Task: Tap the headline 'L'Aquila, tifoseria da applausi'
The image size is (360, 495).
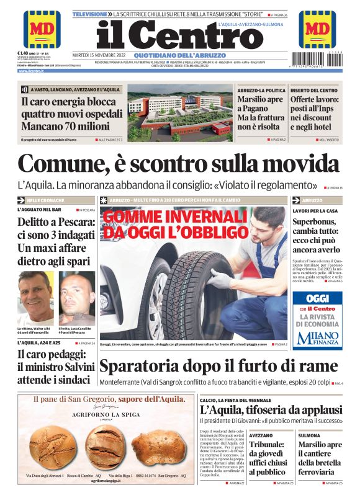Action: (x=271, y=410)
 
